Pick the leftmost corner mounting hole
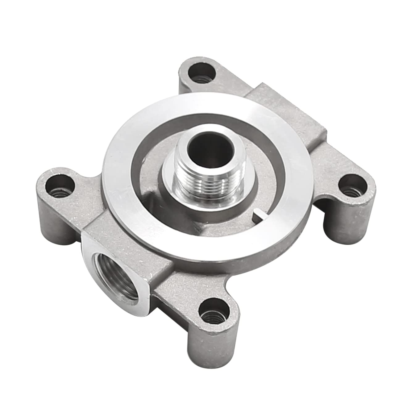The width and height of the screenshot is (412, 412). pos(59,187)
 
